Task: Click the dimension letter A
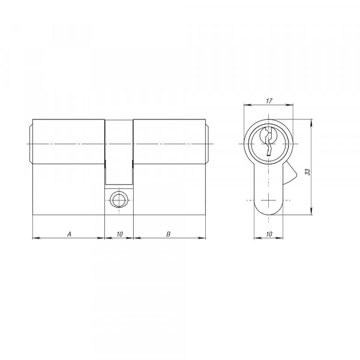point(70,234)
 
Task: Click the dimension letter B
point(168,234)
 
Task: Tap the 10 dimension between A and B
point(119,234)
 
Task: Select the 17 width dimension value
point(269,101)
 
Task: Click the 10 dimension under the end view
point(269,234)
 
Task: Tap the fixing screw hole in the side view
point(119,200)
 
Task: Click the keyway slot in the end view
point(268,142)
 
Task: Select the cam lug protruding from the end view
point(290,173)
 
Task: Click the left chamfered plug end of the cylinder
point(31,144)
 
